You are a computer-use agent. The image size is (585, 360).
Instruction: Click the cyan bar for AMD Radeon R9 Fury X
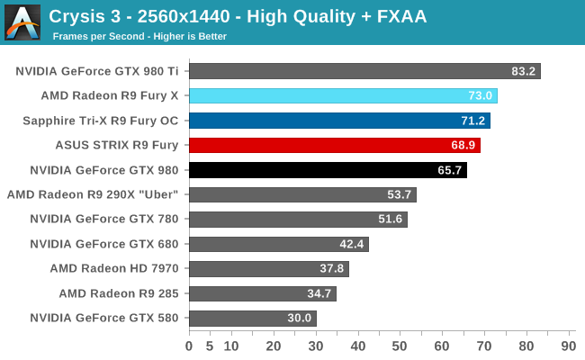pos(343,95)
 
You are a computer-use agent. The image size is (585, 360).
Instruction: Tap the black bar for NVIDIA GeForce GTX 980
pos(328,169)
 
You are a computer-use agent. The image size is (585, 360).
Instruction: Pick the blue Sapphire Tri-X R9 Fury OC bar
pos(339,121)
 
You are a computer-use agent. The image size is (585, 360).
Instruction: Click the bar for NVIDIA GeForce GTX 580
pos(253,318)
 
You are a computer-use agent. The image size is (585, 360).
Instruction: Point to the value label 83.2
pos(524,71)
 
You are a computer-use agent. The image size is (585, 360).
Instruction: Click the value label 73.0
pos(481,96)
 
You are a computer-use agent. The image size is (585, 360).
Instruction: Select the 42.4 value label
pos(352,244)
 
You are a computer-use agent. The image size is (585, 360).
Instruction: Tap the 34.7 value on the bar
pos(319,293)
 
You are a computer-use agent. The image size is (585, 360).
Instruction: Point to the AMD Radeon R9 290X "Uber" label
pos(94,194)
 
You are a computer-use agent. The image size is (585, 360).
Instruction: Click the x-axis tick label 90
pos(568,345)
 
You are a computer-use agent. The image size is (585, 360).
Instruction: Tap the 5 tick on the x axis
pos(210,345)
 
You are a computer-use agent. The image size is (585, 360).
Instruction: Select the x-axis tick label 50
pos(400,345)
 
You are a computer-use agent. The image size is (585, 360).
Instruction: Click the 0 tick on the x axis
pos(189,345)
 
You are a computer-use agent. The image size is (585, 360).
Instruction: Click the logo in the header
pos(22,22)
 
